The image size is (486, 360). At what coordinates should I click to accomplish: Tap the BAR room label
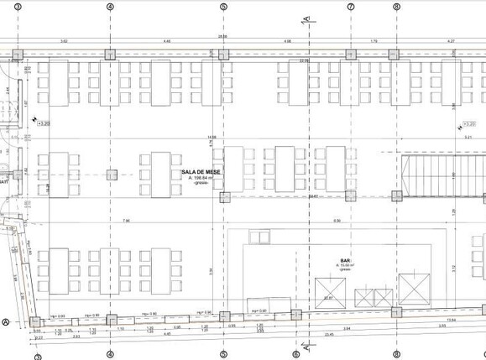344,260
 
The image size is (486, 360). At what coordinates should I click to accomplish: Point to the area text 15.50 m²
344,266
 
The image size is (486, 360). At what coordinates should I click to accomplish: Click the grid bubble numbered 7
350,6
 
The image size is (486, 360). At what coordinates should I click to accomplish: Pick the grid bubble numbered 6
295,354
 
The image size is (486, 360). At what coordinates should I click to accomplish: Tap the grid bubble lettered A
6,321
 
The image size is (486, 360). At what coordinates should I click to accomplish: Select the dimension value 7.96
126,221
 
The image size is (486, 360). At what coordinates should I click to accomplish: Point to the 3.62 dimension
64,40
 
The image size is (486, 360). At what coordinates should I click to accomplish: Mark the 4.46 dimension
166,40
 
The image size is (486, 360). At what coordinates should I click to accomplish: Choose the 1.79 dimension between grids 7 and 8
374,40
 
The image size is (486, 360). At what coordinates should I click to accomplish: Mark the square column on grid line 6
295,315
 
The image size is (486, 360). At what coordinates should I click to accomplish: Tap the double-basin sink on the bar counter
374,298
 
